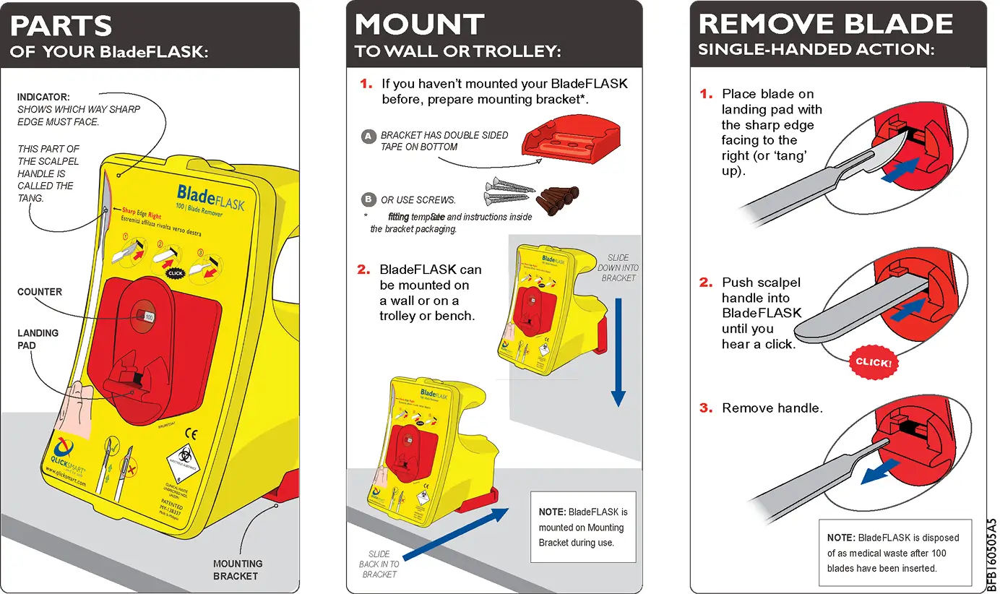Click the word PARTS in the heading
(61, 26)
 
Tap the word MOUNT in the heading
(419, 26)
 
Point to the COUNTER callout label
(40, 292)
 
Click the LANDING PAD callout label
(38, 339)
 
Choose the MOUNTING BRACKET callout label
(238, 569)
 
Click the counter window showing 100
(148, 316)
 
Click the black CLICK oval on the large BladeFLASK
(176, 273)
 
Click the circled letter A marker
(368, 136)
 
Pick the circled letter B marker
(368, 199)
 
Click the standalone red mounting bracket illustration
(571, 140)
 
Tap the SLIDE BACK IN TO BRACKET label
(379, 564)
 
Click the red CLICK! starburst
(873, 362)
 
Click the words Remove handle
(772, 408)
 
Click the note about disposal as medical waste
(895, 553)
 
